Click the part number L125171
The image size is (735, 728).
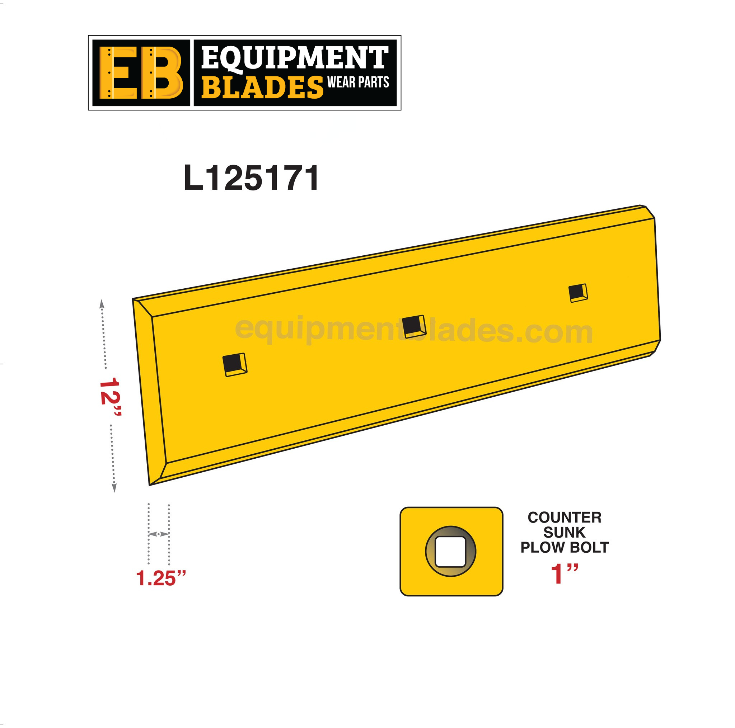(x=251, y=178)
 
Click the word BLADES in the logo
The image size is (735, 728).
(x=262, y=88)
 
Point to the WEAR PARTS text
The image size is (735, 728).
(x=358, y=82)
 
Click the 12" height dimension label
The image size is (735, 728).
(x=110, y=397)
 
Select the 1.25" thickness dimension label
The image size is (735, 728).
(x=160, y=578)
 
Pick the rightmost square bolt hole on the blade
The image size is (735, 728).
(x=577, y=293)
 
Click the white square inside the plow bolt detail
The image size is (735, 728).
(x=450, y=552)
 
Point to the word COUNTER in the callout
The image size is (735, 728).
(x=564, y=517)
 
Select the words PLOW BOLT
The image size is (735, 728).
(x=564, y=547)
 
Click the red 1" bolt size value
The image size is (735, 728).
(x=564, y=574)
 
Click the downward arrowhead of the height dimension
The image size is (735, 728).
(x=114, y=488)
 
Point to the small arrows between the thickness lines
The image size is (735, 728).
(x=159, y=534)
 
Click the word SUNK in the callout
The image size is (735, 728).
(x=564, y=533)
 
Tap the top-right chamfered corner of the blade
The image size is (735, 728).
(x=649, y=211)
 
